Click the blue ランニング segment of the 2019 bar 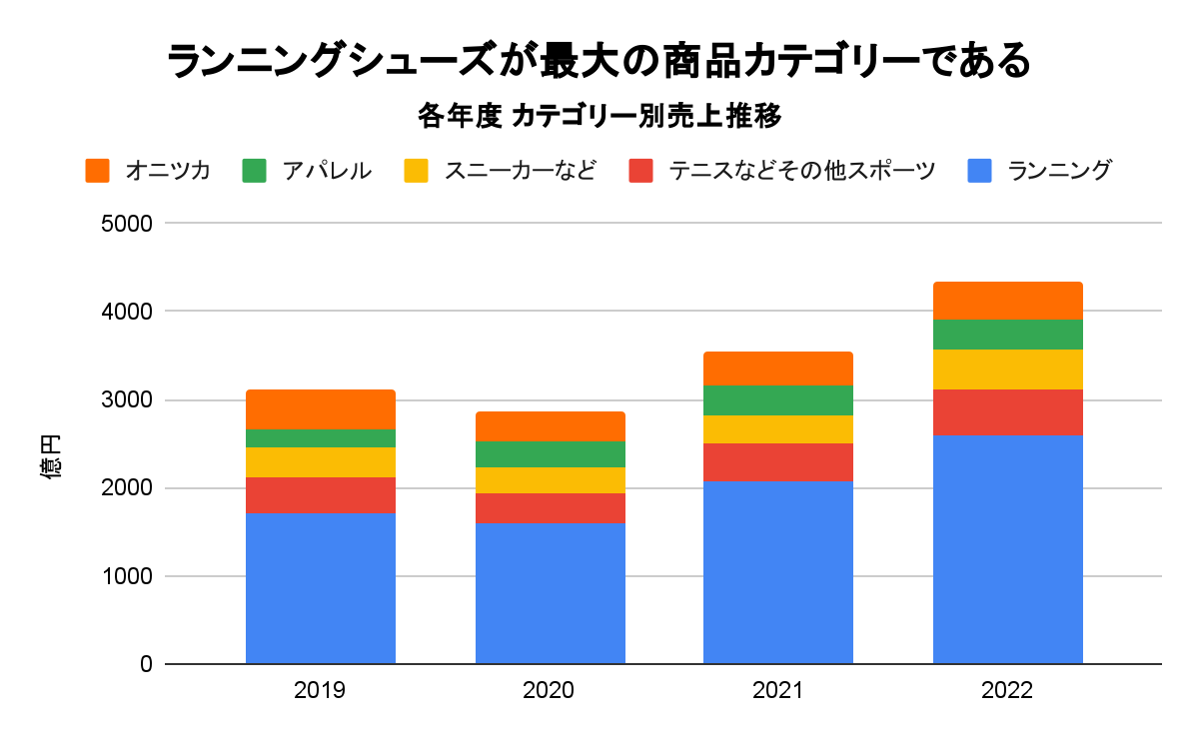tap(321, 588)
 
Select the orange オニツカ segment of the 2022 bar tap(1007, 301)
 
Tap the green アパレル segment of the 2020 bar tap(550, 454)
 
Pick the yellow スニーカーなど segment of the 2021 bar tap(777, 429)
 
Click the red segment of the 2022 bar tap(1007, 412)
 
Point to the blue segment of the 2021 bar tap(777, 572)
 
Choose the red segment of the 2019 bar tap(321, 495)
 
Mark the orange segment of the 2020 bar tap(550, 426)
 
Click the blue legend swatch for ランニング tap(982, 171)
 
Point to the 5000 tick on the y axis tap(126, 224)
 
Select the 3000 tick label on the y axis tap(126, 400)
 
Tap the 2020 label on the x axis tap(550, 691)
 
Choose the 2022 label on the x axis tap(1007, 691)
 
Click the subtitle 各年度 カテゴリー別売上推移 tap(599, 117)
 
